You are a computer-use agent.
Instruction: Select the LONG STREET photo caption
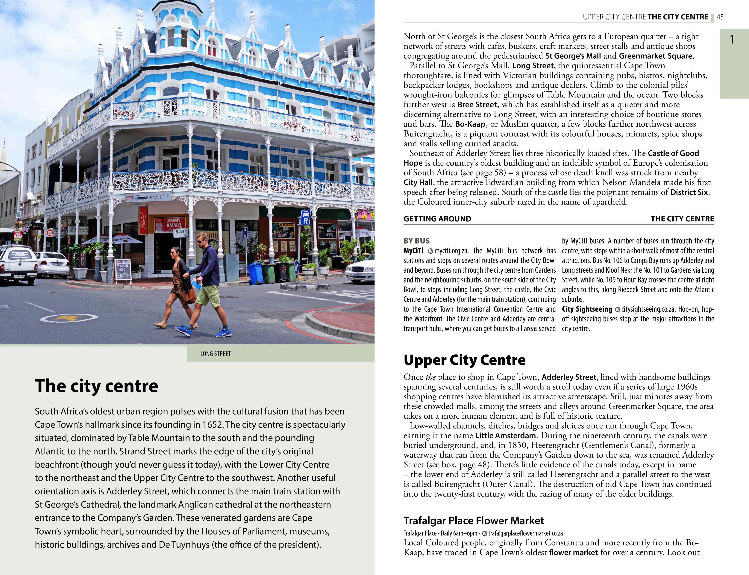click(216, 354)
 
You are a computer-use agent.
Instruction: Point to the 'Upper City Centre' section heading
click(464, 360)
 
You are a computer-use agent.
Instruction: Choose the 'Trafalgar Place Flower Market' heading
click(474, 520)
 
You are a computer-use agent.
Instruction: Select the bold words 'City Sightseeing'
click(587, 309)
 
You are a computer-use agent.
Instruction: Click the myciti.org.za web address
click(451, 251)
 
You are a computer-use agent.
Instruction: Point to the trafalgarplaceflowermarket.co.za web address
click(525, 533)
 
